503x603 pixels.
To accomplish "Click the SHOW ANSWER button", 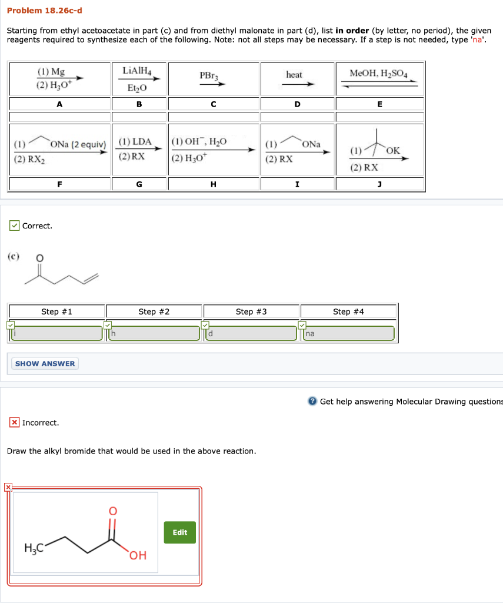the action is (45, 363).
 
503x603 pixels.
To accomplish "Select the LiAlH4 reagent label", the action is (137, 71).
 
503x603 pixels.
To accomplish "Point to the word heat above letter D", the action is (294, 75).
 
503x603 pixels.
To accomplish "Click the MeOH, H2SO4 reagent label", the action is (378, 74).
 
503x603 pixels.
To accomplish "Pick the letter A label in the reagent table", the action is (59, 104).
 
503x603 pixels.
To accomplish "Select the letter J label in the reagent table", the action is (379, 184).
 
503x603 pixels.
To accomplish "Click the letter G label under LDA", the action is (139, 184).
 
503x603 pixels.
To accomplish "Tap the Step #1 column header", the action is (56, 312).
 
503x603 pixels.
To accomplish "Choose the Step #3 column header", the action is (251, 312).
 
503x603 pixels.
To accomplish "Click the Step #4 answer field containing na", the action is (349, 333).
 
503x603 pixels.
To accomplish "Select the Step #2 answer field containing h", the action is (155, 333).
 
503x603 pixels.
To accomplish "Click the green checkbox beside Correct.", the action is (14, 226).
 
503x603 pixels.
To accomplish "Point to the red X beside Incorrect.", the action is (14, 422).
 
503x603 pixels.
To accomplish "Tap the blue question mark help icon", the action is (312, 402).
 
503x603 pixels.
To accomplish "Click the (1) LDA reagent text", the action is (135, 142).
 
